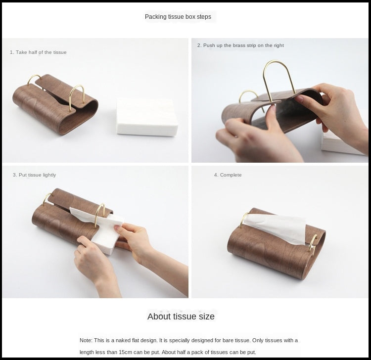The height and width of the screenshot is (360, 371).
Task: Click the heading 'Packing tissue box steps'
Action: click(x=178, y=17)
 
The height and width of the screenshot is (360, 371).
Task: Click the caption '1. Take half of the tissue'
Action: click(x=38, y=52)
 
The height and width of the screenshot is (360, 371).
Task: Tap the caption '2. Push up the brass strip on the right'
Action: click(x=240, y=45)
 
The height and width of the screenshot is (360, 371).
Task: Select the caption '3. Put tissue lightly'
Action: click(x=34, y=175)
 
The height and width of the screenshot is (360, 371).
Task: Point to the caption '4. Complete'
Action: click(x=228, y=175)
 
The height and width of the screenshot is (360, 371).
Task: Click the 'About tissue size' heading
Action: click(x=181, y=316)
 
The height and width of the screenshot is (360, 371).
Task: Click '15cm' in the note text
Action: click(x=126, y=352)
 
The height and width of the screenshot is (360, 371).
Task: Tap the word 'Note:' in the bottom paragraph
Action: click(x=86, y=340)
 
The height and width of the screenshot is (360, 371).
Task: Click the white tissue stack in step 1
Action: click(x=147, y=117)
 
